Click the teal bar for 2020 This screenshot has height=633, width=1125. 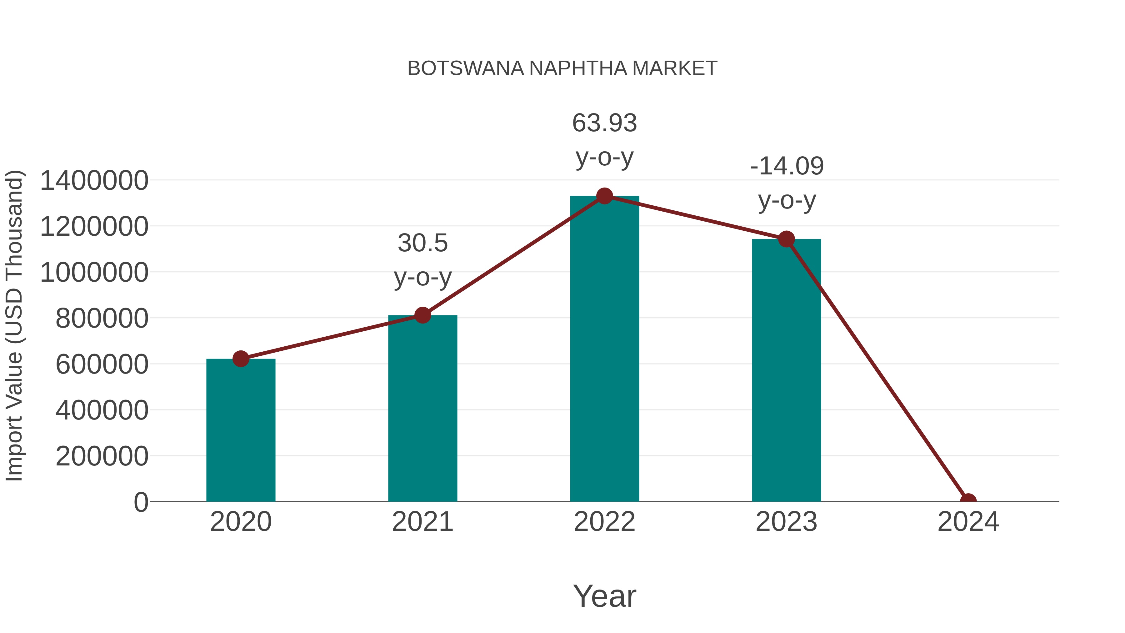point(241,430)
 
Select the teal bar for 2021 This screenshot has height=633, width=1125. point(422,409)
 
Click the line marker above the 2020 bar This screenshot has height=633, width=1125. point(241,359)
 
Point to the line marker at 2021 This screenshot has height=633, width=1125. point(422,315)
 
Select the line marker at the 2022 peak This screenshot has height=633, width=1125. point(604,196)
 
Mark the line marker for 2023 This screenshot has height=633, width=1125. point(786,239)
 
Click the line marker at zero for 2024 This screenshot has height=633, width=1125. point(968,501)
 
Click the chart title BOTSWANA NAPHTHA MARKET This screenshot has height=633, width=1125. point(562,68)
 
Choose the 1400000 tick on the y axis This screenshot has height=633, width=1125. point(94,180)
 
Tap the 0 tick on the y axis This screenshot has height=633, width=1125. point(141,502)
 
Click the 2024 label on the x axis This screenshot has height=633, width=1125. point(968,522)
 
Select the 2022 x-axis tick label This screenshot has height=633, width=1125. point(604,522)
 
